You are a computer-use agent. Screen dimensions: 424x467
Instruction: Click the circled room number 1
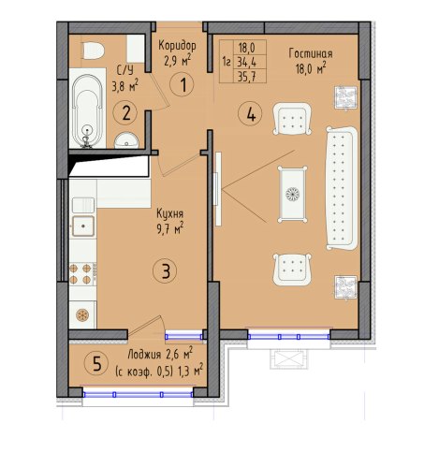pos(182,84)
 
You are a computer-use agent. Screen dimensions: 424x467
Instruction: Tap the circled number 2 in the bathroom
pos(125,113)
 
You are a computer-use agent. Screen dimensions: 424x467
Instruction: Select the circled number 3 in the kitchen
pos(165,271)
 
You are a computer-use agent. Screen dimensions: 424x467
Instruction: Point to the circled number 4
pos(250,114)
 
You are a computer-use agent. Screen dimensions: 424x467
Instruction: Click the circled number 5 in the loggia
pos(96,363)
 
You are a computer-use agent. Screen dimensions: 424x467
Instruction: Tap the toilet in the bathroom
pos(93,51)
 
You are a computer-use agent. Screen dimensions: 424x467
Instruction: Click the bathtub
pos(87,110)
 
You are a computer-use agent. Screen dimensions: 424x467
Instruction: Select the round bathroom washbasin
pos(126,140)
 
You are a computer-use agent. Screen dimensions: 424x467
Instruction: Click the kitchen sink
pos(83,226)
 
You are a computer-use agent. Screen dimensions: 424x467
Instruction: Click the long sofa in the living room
pos(342,188)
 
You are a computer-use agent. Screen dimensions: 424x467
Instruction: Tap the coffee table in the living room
pos(292,194)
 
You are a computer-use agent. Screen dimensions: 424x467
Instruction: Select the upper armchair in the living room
pos(292,119)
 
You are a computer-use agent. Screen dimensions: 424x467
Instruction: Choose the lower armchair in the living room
pos(292,270)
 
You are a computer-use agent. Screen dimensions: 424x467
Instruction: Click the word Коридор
pos(177,46)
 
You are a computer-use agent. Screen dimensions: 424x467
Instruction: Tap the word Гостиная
pos(311,53)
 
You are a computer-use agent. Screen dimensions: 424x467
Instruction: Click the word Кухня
pos(169,213)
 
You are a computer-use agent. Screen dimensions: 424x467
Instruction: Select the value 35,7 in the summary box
pos(247,77)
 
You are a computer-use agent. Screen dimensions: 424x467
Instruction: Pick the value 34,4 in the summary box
pos(247,63)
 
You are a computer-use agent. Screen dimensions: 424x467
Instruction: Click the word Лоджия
pos(144,355)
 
